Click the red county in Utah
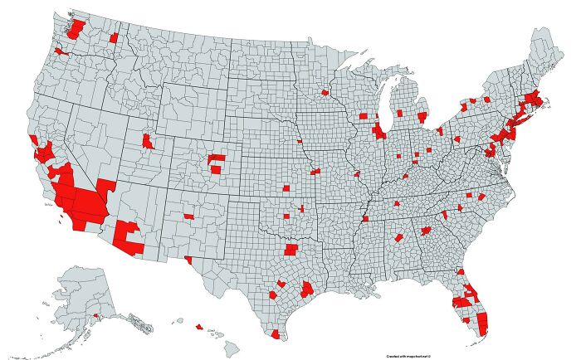click(x=148, y=140)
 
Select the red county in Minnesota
click(x=325, y=93)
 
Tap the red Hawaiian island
click(x=198, y=327)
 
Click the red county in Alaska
click(x=95, y=315)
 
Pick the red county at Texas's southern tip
click(x=275, y=333)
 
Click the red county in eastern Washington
click(x=114, y=38)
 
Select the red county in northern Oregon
click(x=61, y=51)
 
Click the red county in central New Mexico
click(x=188, y=216)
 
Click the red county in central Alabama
click(x=398, y=237)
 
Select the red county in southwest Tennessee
click(x=364, y=219)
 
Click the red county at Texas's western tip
click(x=189, y=260)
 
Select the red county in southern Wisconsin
click(x=363, y=117)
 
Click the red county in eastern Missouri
click(x=357, y=175)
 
